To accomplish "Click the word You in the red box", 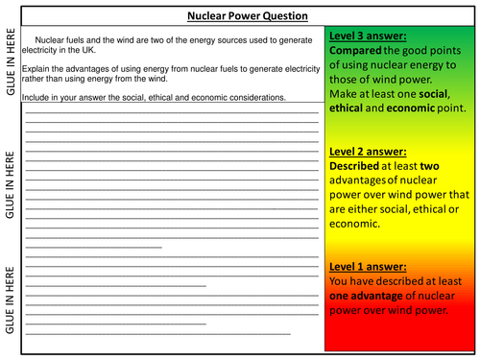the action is [x=339, y=281].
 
